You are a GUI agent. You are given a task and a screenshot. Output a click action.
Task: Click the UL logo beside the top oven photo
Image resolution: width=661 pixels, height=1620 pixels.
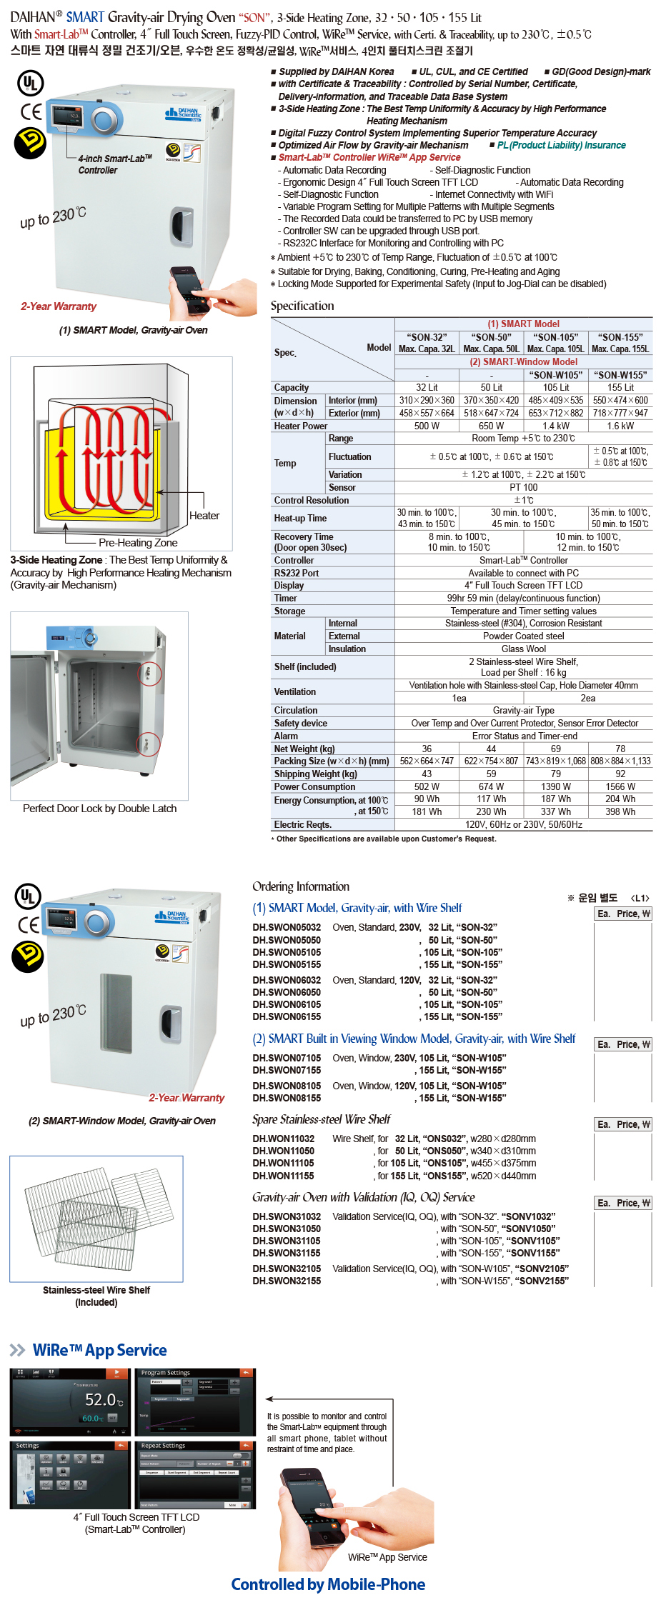coord(30,83)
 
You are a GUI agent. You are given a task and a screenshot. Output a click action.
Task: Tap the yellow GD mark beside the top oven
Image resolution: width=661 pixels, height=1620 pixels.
coord(30,143)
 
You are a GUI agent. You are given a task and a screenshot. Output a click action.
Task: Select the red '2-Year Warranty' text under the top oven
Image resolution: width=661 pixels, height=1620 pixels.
coord(59,306)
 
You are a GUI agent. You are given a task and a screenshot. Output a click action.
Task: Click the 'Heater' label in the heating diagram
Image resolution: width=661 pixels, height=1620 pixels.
coord(204,516)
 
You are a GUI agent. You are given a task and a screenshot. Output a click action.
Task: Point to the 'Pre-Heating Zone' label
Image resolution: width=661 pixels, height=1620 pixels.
coord(138,543)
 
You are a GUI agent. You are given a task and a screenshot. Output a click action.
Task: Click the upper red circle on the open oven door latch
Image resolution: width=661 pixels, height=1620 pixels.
coord(149,674)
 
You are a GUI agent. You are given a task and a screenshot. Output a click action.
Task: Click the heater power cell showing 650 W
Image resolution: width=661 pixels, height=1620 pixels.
coord(491,426)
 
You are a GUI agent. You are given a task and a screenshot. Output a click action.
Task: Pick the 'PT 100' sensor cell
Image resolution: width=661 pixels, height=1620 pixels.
coord(523,488)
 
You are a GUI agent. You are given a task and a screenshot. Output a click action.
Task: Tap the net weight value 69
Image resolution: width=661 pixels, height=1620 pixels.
coord(555,749)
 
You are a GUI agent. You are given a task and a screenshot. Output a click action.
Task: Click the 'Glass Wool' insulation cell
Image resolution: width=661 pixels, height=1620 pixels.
coord(523,649)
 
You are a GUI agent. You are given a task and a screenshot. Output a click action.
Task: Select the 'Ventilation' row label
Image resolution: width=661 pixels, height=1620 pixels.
coord(294,692)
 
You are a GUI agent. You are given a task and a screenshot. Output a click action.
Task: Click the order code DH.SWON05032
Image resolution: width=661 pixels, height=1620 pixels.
coord(287,928)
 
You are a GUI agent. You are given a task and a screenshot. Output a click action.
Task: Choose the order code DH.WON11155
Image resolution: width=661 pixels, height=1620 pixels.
coord(283,1176)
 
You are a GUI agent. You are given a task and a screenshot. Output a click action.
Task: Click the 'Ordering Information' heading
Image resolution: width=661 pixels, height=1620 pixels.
coord(301,886)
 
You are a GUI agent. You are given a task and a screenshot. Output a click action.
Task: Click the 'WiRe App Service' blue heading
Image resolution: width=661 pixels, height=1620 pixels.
coord(99,1350)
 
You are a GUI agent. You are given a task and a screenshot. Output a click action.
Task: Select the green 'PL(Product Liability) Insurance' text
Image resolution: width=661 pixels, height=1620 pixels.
coord(561,146)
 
